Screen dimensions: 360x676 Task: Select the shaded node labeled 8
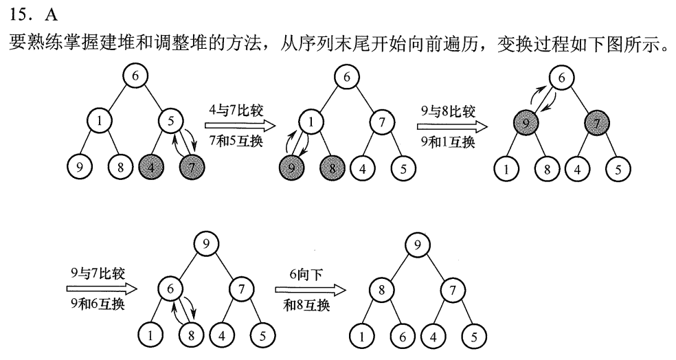point(332,167)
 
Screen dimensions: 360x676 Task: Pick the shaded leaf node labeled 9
point(291,167)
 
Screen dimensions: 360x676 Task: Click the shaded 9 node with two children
point(525,124)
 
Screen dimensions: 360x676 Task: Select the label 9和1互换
point(447,141)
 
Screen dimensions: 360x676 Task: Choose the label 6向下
point(302,273)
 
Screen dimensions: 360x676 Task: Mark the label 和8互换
point(306,304)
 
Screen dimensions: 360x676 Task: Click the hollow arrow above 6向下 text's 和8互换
point(308,289)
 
